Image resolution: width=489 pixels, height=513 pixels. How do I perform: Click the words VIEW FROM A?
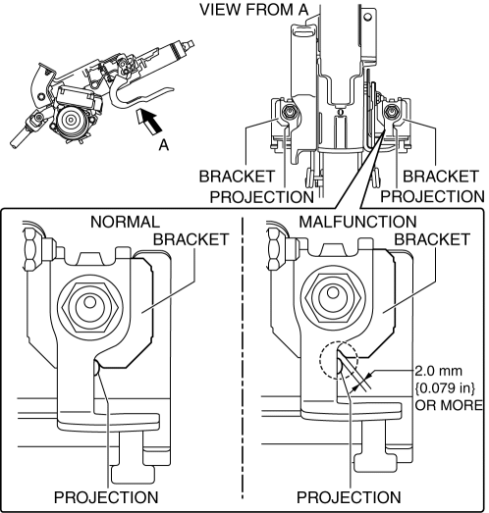tap(254, 9)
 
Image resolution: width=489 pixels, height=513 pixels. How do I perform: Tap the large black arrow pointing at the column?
tap(149, 122)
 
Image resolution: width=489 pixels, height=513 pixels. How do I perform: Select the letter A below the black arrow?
tap(164, 144)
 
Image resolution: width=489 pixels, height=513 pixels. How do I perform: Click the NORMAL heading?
tap(125, 222)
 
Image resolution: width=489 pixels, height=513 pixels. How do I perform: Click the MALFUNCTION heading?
tap(357, 222)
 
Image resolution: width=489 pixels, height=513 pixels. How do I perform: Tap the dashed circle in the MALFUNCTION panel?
tap(340, 360)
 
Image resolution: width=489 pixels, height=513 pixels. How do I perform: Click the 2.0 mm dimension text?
tap(439, 371)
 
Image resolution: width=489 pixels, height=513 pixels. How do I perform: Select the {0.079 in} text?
tap(445, 388)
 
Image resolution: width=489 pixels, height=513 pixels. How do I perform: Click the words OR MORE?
tap(449, 405)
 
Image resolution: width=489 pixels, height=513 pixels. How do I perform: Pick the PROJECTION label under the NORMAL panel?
tap(106, 497)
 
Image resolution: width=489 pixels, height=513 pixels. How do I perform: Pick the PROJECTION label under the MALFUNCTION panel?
tap(349, 497)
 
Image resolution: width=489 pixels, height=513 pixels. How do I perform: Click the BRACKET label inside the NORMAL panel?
tap(190, 239)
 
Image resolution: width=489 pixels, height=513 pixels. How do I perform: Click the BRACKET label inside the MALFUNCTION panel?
tap(432, 239)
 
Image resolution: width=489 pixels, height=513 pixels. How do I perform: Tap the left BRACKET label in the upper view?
tap(237, 177)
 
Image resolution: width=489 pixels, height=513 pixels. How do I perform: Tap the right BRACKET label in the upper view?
tap(441, 177)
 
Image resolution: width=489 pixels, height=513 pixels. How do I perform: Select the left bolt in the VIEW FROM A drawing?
tap(289, 112)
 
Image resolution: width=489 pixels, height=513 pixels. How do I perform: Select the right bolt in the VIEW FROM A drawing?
tap(392, 111)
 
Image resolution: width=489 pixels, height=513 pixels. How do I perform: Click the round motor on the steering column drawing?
tap(71, 120)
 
